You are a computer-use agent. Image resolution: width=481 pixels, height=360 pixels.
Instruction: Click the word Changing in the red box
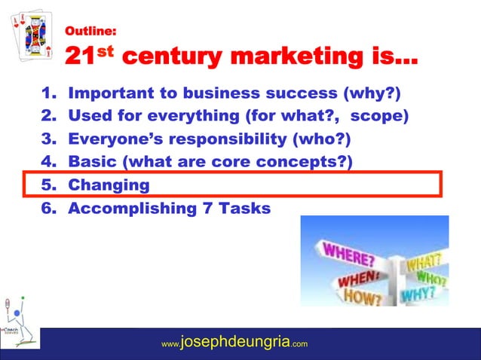(x=109, y=185)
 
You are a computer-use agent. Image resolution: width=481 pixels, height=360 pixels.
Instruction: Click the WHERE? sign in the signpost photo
(x=348, y=251)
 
